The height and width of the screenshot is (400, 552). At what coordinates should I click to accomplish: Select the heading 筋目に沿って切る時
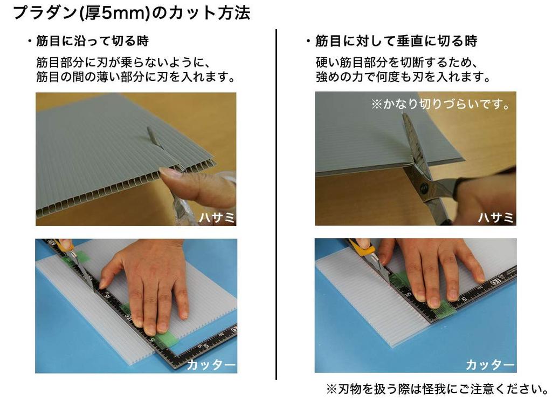92,41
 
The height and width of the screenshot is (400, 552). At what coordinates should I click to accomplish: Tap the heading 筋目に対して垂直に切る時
396,41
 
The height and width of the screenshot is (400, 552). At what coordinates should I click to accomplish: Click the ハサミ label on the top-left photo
216,218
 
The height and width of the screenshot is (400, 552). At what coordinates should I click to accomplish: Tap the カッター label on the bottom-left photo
211,365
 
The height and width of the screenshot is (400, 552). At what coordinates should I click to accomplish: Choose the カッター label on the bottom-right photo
490,365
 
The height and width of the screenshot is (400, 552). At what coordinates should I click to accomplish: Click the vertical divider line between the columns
276,205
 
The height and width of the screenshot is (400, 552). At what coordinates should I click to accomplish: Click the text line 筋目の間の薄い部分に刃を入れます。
136,77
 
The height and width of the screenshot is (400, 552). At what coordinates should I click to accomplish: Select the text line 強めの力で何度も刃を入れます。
403,77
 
